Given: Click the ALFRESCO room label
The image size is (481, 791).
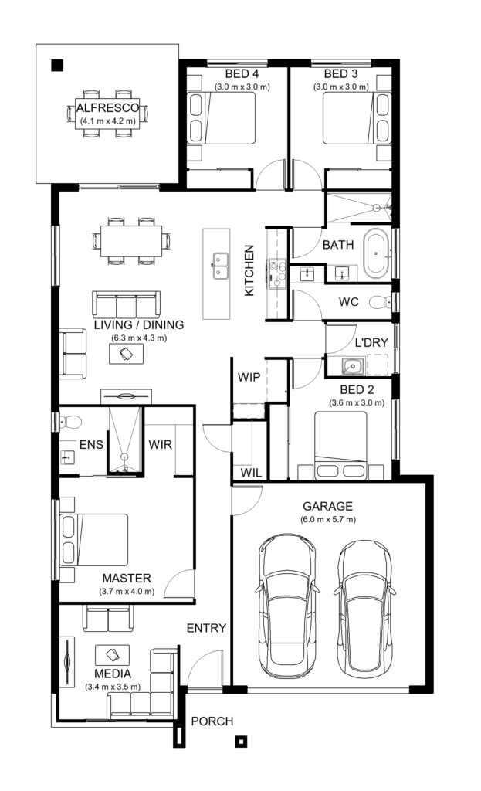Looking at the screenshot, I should [107, 108].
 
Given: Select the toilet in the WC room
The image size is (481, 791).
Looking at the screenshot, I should [380, 301].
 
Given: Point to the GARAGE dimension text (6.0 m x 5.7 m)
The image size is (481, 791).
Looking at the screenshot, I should [327, 519].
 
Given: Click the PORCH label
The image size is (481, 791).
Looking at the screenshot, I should [212, 721].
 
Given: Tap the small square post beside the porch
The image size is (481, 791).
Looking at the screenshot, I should [242, 742].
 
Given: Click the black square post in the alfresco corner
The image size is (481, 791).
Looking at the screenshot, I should [57, 66].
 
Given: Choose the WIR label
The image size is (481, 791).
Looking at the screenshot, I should [160, 445].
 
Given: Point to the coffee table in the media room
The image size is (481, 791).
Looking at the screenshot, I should [111, 656].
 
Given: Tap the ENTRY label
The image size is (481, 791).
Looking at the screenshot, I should [206, 628].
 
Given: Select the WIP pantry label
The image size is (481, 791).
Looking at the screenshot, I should [248, 377].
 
